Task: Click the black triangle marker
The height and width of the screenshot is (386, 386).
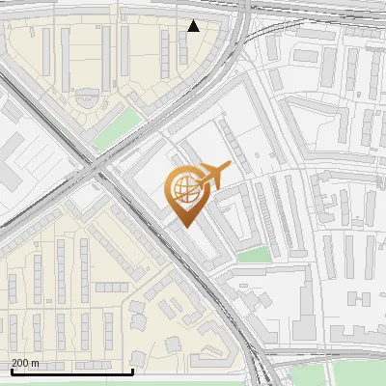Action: [x=194, y=26]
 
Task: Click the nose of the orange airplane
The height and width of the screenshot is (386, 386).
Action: [x=230, y=165]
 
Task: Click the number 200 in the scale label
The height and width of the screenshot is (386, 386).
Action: [x=19, y=363]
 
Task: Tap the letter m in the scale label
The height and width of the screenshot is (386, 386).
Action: [x=35, y=363]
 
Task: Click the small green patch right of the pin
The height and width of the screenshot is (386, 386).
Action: [x=254, y=255]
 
